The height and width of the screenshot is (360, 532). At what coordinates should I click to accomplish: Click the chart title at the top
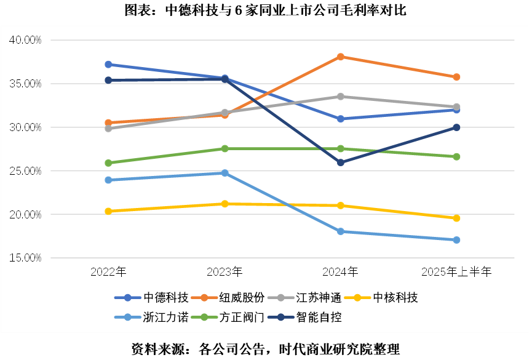(x=266, y=10)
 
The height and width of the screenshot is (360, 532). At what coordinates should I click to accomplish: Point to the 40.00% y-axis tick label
(x=25, y=40)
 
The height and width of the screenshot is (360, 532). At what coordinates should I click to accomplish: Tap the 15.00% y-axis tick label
(x=25, y=258)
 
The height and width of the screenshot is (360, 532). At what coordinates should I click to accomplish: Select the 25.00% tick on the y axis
(x=25, y=171)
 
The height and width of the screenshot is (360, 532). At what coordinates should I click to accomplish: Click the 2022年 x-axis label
(x=108, y=271)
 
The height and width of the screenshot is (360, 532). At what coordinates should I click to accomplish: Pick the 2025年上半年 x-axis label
(x=457, y=271)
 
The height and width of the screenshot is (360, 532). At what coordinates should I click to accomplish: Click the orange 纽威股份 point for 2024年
(x=341, y=57)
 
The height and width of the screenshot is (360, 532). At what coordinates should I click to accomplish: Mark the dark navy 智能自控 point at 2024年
(x=341, y=162)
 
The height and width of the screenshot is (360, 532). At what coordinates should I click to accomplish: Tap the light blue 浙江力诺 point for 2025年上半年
(x=456, y=240)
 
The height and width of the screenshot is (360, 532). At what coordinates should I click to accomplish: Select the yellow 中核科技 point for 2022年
(x=108, y=211)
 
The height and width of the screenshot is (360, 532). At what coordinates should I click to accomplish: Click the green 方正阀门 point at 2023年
(x=224, y=148)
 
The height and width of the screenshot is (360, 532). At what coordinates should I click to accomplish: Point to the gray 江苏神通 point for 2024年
(x=341, y=97)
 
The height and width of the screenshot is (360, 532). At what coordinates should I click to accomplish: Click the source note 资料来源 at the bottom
(x=266, y=349)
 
